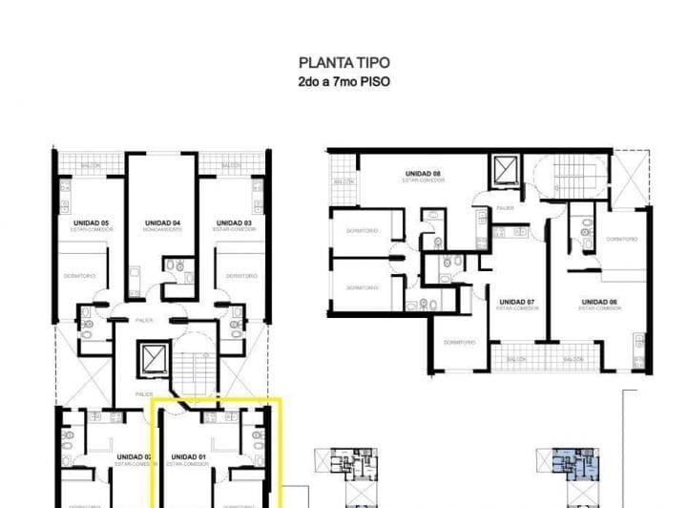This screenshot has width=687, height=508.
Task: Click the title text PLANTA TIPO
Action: point(343,64)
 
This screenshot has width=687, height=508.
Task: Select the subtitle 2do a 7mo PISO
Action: point(343,82)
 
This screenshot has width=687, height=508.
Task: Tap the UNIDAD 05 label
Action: point(91,223)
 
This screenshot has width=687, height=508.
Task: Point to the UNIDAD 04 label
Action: point(162,223)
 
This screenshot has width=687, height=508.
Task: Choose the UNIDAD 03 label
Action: point(234,223)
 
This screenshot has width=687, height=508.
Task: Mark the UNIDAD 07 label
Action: point(516,303)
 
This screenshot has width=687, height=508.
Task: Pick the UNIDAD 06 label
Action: point(599,303)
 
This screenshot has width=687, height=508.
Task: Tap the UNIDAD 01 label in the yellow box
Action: point(189,456)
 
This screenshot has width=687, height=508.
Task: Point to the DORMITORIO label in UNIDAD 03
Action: point(241,276)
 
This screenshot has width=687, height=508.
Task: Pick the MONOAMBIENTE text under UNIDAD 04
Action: point(162,230)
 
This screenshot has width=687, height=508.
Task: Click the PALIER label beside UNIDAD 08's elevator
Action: point(505,207)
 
